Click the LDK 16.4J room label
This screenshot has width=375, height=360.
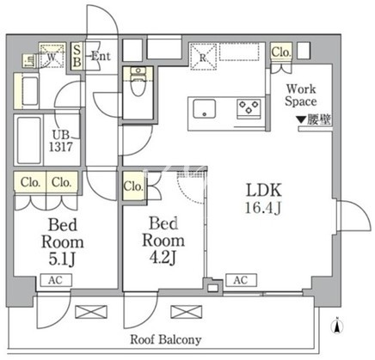[x=264, y=198]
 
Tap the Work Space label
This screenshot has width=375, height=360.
[x=301, y=95]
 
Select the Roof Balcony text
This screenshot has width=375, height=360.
[x=166, y=339]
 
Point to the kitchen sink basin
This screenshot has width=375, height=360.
[x=205, y=108]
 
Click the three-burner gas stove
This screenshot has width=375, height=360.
[x=249, y=108]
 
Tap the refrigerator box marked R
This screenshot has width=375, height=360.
[x=203, y=57]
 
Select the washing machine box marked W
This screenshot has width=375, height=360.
[x=51, y=55]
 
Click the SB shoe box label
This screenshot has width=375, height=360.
[x=77, y=56]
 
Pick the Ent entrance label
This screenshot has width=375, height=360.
[x=101, y=56]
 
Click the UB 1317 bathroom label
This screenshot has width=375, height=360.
[x=61, y=141]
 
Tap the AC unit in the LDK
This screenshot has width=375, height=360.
[x=241, y=280]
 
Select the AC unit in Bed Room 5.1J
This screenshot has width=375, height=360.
[x=56, y=280]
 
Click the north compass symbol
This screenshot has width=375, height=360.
[x=337, y=326]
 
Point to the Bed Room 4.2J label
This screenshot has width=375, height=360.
[x=163, y=240]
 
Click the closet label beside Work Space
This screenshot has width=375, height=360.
[x=281, y=52]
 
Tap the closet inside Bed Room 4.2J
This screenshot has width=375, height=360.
[x=133, y=186]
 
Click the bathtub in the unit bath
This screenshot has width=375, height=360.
[x=28, y=140]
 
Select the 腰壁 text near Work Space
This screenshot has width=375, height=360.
[x=319, y=119]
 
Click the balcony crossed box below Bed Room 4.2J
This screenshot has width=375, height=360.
[x=186, y=312]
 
